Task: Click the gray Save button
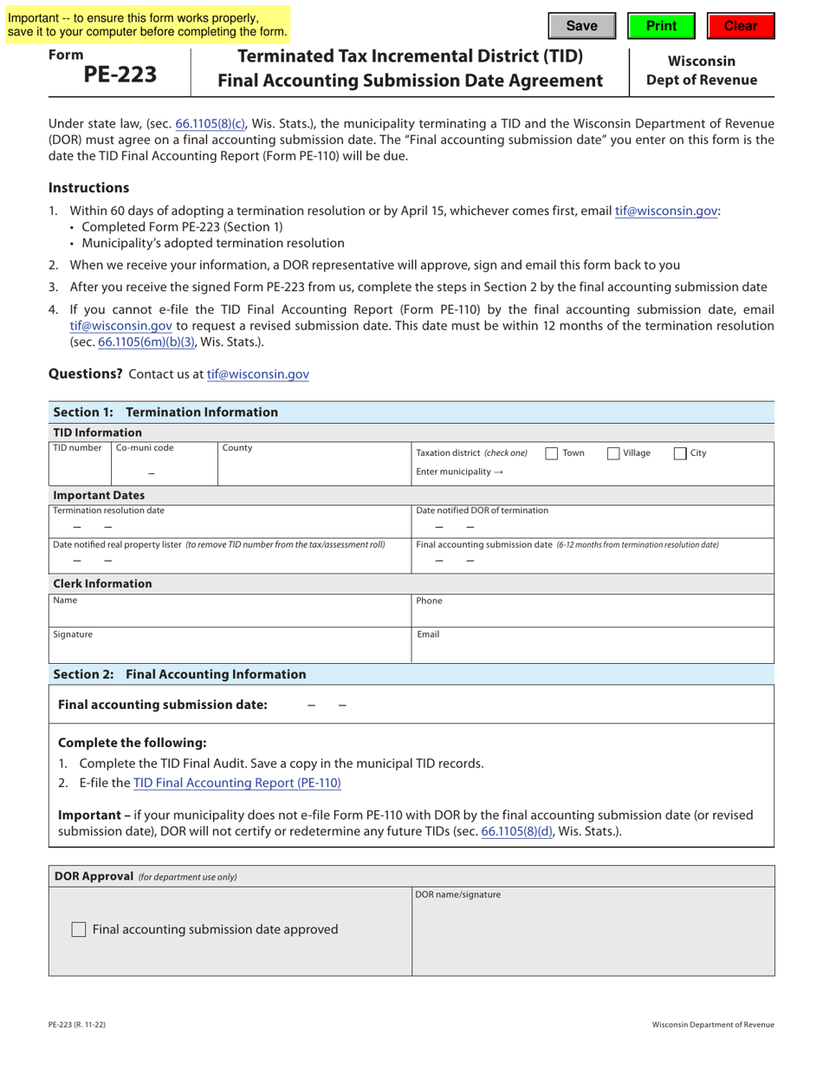pos(581,26)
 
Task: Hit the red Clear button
pos(740,26)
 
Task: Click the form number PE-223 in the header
pos(120,75)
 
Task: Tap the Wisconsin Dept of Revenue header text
pos(702,71)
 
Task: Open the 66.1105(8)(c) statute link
pos(211,124)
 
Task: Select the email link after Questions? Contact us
pos(257,374)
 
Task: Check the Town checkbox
pos(551,453)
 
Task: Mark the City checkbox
pos(680,453)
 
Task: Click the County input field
pos(313,469)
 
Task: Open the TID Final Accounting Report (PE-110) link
pos(237,783)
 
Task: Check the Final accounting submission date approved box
pos(79,929)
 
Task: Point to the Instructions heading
pos(89,188)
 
